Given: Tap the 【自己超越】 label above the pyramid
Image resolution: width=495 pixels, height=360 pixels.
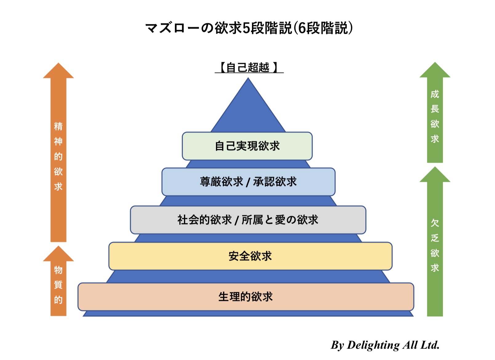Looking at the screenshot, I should [249, 67].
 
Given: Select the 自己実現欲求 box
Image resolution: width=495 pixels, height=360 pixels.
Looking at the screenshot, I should [247, 146].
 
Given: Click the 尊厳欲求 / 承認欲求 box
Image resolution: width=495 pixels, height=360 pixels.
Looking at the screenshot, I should [248, 182].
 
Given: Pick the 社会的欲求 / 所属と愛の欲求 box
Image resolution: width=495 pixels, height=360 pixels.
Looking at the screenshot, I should [248, 220].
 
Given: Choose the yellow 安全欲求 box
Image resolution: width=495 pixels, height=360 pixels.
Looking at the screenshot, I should [250, 256].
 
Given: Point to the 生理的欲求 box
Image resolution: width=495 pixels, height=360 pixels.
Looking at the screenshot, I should [246, 297].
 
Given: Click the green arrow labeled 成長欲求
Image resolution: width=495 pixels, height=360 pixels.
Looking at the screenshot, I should [435, 117].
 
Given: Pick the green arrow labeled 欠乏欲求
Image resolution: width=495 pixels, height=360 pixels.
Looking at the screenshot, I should [435, 246].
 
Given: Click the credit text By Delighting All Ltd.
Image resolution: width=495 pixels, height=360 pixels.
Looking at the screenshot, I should [385, 345].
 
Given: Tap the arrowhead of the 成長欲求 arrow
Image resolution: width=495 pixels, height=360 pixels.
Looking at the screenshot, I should [435, 71].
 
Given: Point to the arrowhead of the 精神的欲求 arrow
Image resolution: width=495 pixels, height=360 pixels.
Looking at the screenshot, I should [58, 71].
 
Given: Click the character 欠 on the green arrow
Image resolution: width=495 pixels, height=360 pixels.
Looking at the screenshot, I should [435, 223].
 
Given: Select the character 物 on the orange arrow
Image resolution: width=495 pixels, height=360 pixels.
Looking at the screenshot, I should [58, 270].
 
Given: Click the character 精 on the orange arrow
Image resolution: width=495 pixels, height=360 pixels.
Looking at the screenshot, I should [58, 126].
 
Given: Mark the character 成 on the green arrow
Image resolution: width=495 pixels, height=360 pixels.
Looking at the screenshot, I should [435, 94].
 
